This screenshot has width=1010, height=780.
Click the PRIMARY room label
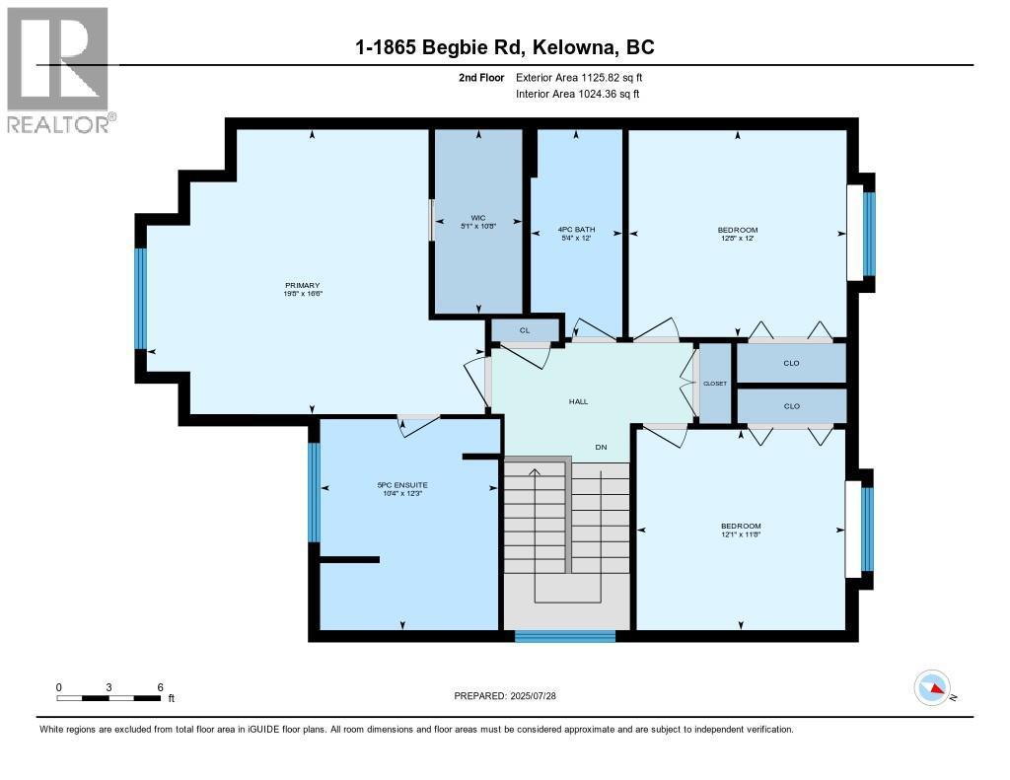pos(302,285)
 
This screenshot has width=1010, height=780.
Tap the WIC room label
pos(478,218)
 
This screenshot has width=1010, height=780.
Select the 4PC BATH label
pos(576,230)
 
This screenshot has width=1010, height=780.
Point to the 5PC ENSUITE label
pos(402,485)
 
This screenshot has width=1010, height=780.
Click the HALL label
pos(578,401)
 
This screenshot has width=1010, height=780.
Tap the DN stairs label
pos(601,447)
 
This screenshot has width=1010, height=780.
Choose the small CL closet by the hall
pos(525,330)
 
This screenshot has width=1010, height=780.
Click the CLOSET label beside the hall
pos(715,384)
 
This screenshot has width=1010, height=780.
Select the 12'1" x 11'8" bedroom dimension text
pos(741,533)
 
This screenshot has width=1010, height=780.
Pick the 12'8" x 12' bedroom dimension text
pos(738,238)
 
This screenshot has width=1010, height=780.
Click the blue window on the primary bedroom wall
pos(140,299)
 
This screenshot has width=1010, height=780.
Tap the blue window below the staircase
pos(565,636)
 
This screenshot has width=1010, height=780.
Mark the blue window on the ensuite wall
pos(314,492)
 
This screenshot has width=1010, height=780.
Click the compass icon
pos(933,687)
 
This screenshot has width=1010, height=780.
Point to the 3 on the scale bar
pos(108,687)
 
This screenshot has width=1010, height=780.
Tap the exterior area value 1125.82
pos(601,77)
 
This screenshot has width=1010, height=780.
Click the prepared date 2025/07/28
pos(533,695)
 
